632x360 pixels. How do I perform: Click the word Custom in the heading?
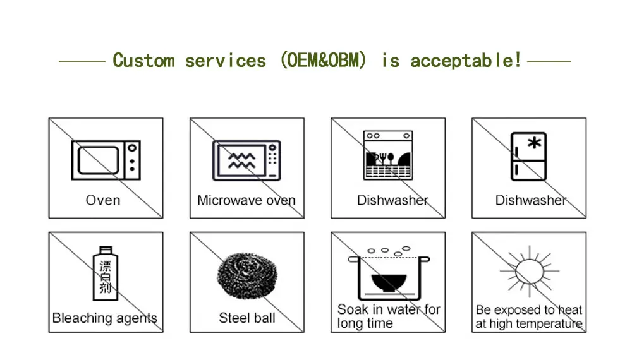tap(143, 61)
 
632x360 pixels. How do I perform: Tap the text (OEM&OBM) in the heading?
tap(323, 61)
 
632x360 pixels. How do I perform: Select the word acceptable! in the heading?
tap(466, 61)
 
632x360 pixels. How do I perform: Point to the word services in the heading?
tap(226, 61)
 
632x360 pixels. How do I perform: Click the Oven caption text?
tap(103, 200)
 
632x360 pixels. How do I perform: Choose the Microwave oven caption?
tap(246, 200)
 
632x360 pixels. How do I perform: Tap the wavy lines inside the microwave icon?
tap(241, 160)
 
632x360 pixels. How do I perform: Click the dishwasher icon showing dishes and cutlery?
tap(388, 155)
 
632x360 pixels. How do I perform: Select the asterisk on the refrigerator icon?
tap(535, 143)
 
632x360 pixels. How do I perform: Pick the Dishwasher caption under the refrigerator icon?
tap(530, 200)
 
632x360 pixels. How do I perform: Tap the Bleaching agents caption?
tap(105, 318)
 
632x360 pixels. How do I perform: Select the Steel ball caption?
tap(246, 318)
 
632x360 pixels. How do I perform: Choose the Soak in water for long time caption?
tap(388, 316)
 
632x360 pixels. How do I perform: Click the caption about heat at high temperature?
tap(528, 316)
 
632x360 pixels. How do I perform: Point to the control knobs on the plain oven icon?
tap(131, 160)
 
